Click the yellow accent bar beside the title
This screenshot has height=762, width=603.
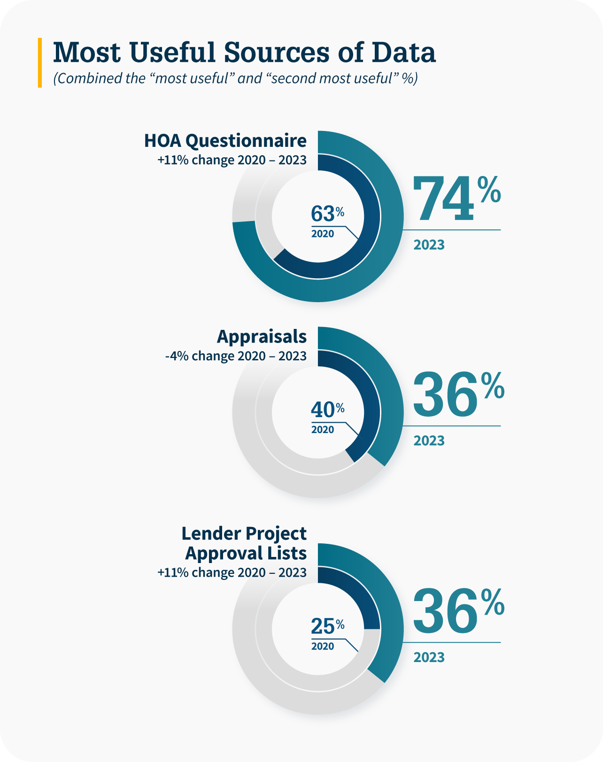(40, 62)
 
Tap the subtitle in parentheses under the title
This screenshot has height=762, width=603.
(235, 78)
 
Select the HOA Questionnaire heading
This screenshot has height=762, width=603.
(225, 141)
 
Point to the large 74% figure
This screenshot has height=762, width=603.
(456, 198)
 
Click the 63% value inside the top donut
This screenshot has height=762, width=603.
(327, 214)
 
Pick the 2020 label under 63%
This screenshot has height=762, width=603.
(323, 234)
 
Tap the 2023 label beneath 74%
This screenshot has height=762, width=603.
(429, 244)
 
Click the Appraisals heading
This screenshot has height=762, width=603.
(262, 336)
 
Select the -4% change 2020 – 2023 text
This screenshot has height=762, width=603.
(236, 356)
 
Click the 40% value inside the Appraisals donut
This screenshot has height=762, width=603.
(327, 410)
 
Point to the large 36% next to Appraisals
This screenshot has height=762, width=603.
(458, 395)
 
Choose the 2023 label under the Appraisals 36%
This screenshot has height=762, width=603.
(429, 441)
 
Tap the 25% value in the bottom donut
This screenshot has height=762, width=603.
(327, 626)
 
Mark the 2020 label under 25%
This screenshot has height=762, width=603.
(323, 646)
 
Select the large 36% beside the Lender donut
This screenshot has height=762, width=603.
(458, 611)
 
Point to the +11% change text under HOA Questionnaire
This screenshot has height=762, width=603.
(232, 160)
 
